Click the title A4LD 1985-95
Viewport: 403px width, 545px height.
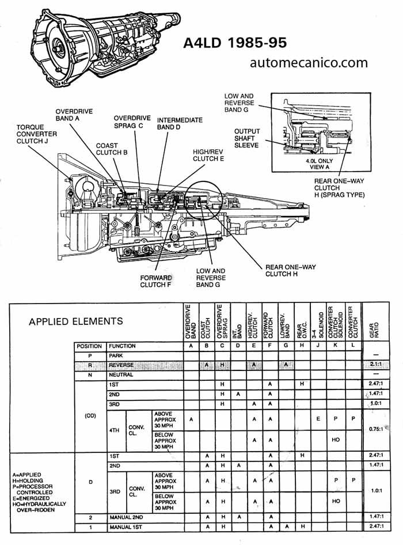[x=235, y=43]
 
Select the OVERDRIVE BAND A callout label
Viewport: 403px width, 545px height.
[x=74, y=115]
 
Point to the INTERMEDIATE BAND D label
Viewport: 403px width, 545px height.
[x=180, y=123]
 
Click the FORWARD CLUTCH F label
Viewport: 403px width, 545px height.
[x=156, y=281]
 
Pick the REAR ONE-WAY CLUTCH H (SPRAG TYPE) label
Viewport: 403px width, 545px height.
[x=340, y=188]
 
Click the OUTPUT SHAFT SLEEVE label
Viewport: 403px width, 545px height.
[x=247, y=138]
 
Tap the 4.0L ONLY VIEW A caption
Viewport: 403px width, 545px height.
[x=320, y=164]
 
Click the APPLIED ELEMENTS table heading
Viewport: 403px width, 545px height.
[x=75, y=321]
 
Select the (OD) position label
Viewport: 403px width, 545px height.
[x=90, y=415]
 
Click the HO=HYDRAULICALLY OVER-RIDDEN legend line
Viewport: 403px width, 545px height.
[x=38, y=506]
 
